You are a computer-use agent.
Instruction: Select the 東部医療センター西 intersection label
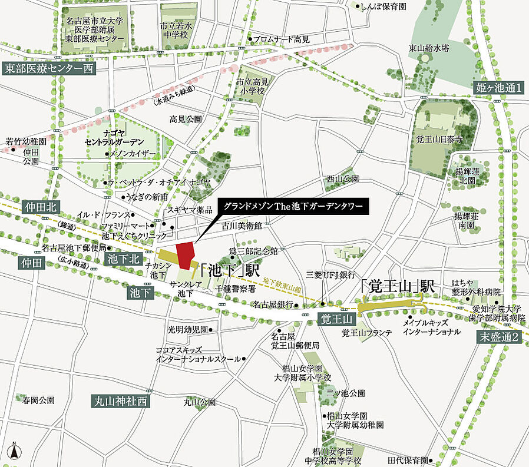[48, 68]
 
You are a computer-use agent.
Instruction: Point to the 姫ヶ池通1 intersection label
[498, 89]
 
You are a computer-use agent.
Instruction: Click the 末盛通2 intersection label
[498, 337]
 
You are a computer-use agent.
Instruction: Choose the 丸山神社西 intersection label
[121, 401]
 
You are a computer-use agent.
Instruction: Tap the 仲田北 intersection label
[40, 207]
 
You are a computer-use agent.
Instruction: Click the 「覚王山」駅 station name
[397, 287]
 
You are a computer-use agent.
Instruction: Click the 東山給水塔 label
[429, 48]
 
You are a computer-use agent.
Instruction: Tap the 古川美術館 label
[242, 224]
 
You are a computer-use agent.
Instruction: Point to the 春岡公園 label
[39, 400]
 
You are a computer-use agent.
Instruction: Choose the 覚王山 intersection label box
[336, 319]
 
